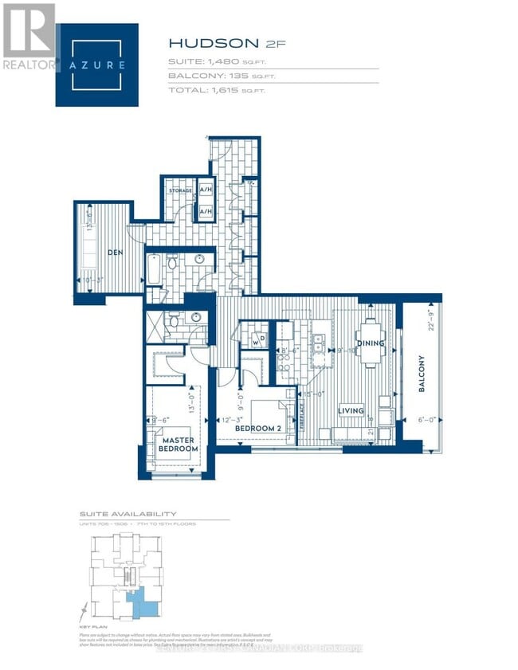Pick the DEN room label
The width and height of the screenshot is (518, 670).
click(x=116, y=253)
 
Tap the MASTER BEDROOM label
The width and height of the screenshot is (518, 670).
click(x=179, y=445)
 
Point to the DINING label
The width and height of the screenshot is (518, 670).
click(x=371, y=343)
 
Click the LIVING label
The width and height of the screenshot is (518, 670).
click(x=350, y=411)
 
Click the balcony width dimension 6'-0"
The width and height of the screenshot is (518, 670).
click(x=422, y=421)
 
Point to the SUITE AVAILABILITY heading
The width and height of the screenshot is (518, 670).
click(x=128, y=514)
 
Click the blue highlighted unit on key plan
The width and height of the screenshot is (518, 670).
click(x=141, y=601)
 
